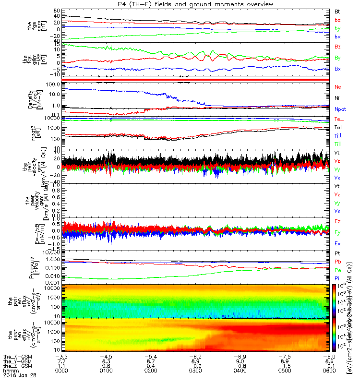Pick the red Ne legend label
tap(337, 87)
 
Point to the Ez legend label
tap(337, 222)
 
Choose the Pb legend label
tap(337, 262)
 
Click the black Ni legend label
tap(337, 98)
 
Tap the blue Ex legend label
tap(337, 244)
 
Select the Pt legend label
tap(337, 253)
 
